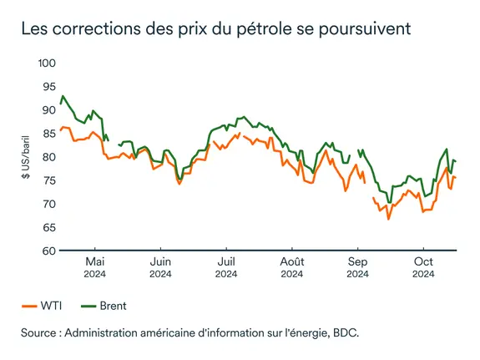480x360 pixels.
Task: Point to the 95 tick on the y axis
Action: pyautogui.click(x=48, y=87)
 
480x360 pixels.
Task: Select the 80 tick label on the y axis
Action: pyautogui.click(x=48, y=157)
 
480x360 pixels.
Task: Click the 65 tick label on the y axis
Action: pyautogui.click(x=48, y=227)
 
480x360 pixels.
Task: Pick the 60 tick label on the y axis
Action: pyautogui.click(x=48, y=251)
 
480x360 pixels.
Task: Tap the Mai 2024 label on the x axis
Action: pyautogui.click(x=95, y=266)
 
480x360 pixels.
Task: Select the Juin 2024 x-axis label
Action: pyautogui.click(x=160, y=266)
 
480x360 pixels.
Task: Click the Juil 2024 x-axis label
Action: pyautogui.click(x=225, y=266)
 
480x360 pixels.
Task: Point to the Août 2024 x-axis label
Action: pyautogui.click(x=292, y=266)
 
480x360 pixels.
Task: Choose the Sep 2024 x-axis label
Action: pyautogui.click(x=357, y=266)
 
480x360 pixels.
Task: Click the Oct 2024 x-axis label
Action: pyautogui.click(x=423, y=266)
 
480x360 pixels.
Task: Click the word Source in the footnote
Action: pyautogui.click(x=43, y=332)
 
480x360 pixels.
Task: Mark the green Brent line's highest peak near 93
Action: pyautogui.click(x=63, y=96)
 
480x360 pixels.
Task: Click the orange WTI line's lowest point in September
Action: pyautogui.click(x=388, y=219)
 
